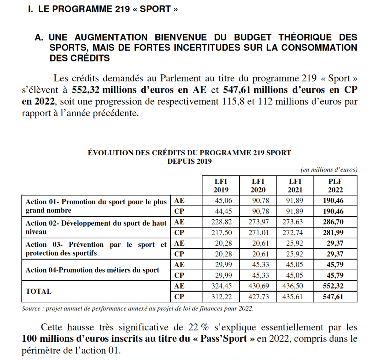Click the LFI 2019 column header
pos(221,185)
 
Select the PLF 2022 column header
pos(335,185)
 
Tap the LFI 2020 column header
pos(258,185)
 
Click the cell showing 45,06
pos(221,200)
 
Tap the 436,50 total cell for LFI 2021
pos(294,286)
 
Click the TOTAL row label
pos(38,292)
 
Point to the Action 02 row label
pos(96,227)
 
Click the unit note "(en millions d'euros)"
pos(329,170)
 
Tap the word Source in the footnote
pos(31,308)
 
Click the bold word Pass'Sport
pos(224,338)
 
